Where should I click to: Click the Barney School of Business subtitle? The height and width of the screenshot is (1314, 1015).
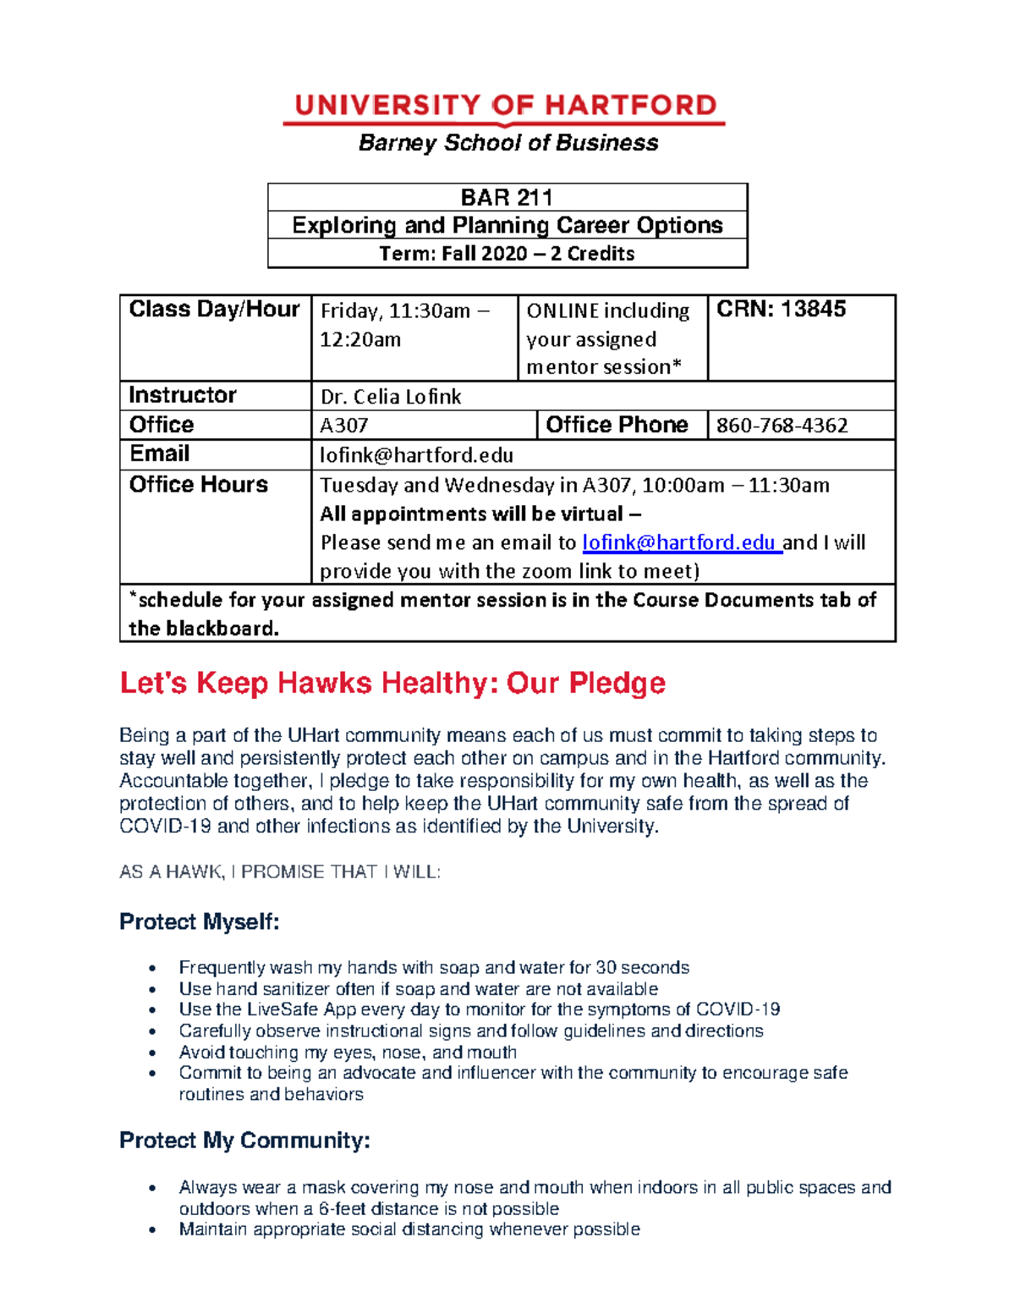507,143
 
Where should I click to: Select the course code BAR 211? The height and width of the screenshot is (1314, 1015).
507,198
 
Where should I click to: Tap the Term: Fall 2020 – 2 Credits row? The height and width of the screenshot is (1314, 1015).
507,254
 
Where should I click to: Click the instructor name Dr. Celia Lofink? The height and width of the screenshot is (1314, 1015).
391,397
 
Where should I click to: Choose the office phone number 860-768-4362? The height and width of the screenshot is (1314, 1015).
782,426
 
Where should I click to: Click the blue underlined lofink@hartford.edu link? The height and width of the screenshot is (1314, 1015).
680,542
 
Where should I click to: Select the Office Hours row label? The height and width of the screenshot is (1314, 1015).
198,485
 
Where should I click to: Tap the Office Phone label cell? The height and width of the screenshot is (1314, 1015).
617,425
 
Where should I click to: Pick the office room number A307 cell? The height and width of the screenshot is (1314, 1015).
343,426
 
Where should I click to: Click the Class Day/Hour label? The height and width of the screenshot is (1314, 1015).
214,310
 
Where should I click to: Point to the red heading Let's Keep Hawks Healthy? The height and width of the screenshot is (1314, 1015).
392,683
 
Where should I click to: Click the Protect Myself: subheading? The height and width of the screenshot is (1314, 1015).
199,921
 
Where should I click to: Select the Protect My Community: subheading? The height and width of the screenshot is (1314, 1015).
244,1141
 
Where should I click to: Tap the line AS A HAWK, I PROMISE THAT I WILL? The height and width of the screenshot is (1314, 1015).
280,871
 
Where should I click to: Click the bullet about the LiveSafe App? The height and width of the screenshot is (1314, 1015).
479,1009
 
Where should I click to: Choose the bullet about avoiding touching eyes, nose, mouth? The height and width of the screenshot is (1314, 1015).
348,1053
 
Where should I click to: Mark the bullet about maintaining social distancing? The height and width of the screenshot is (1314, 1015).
409,1229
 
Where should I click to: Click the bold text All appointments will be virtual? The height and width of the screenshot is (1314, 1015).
480,514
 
